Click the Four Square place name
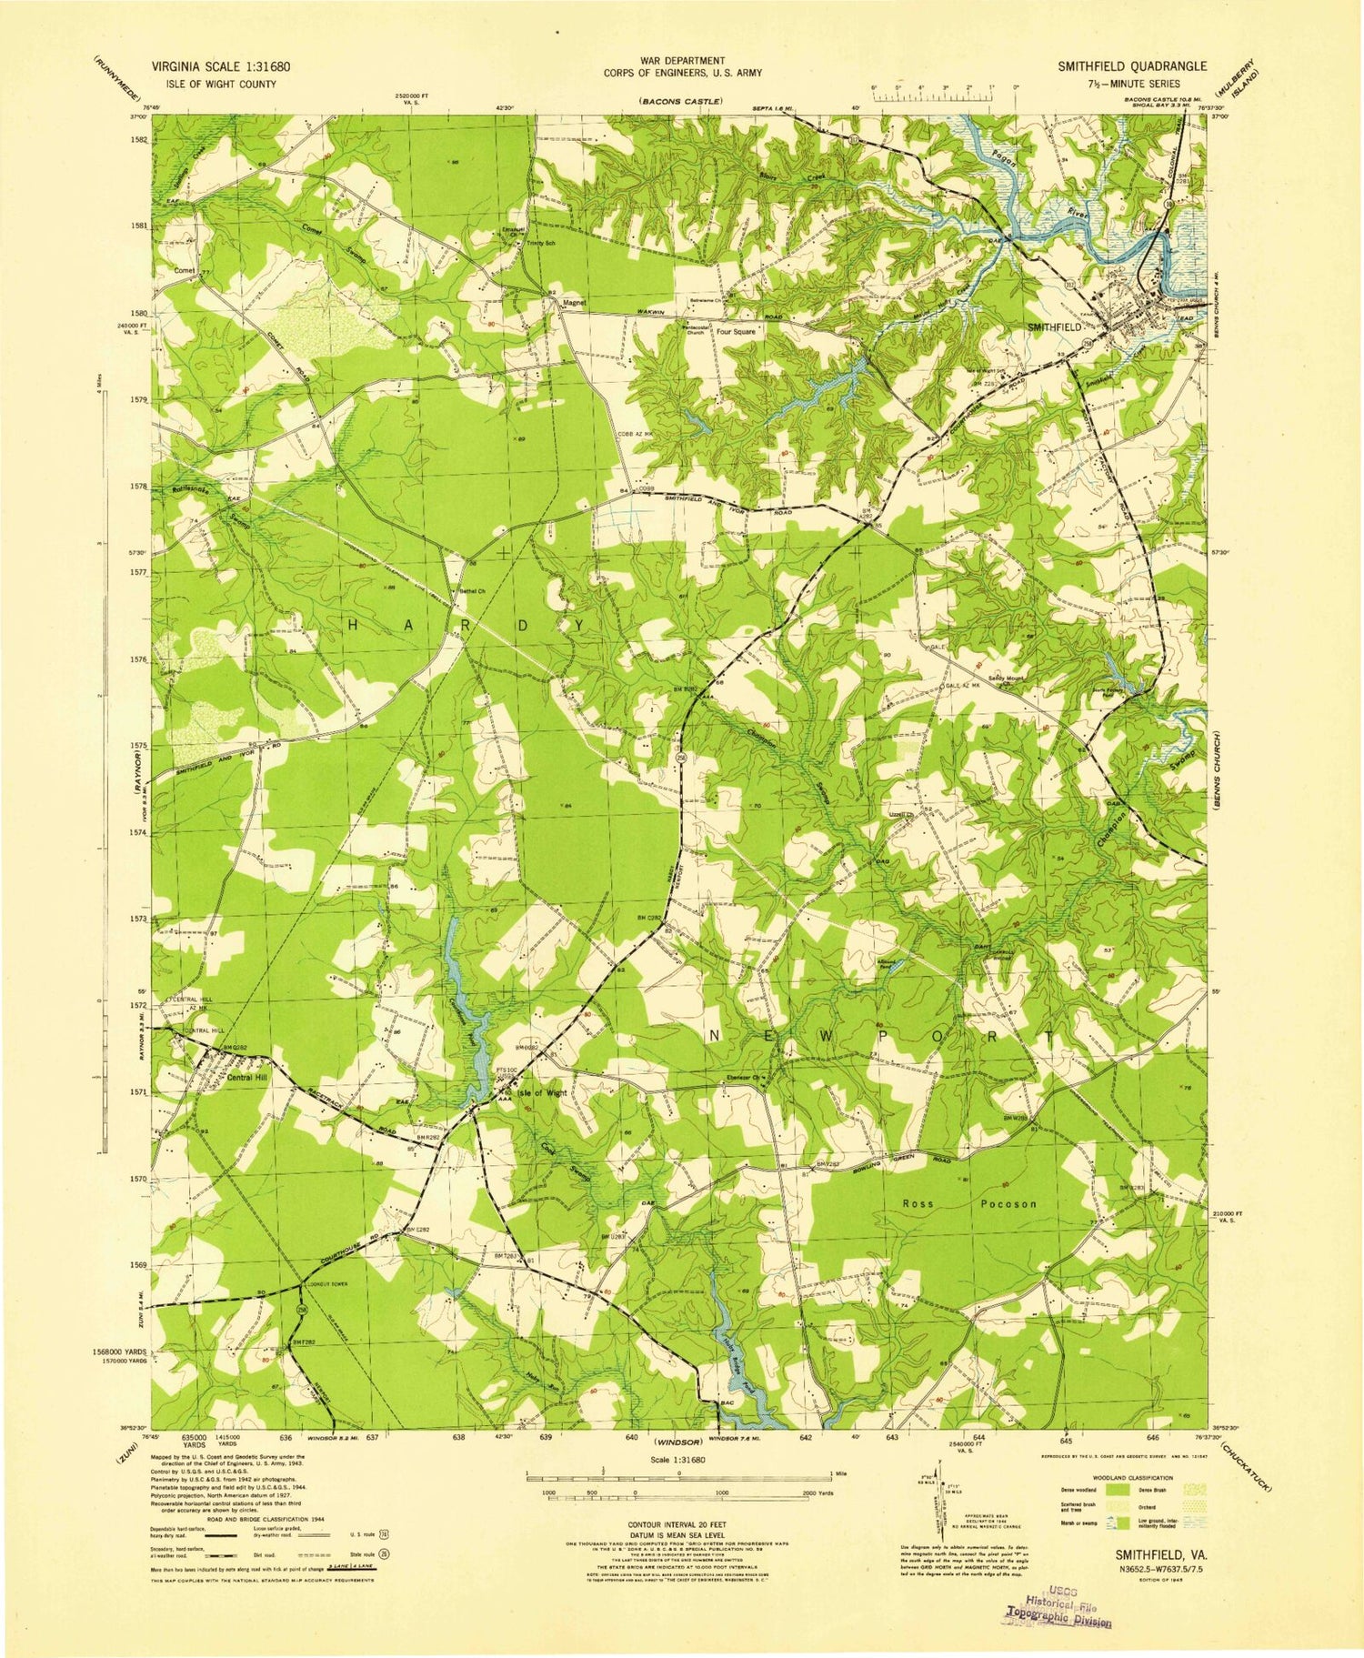[735, 332]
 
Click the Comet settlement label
[185, 271]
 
